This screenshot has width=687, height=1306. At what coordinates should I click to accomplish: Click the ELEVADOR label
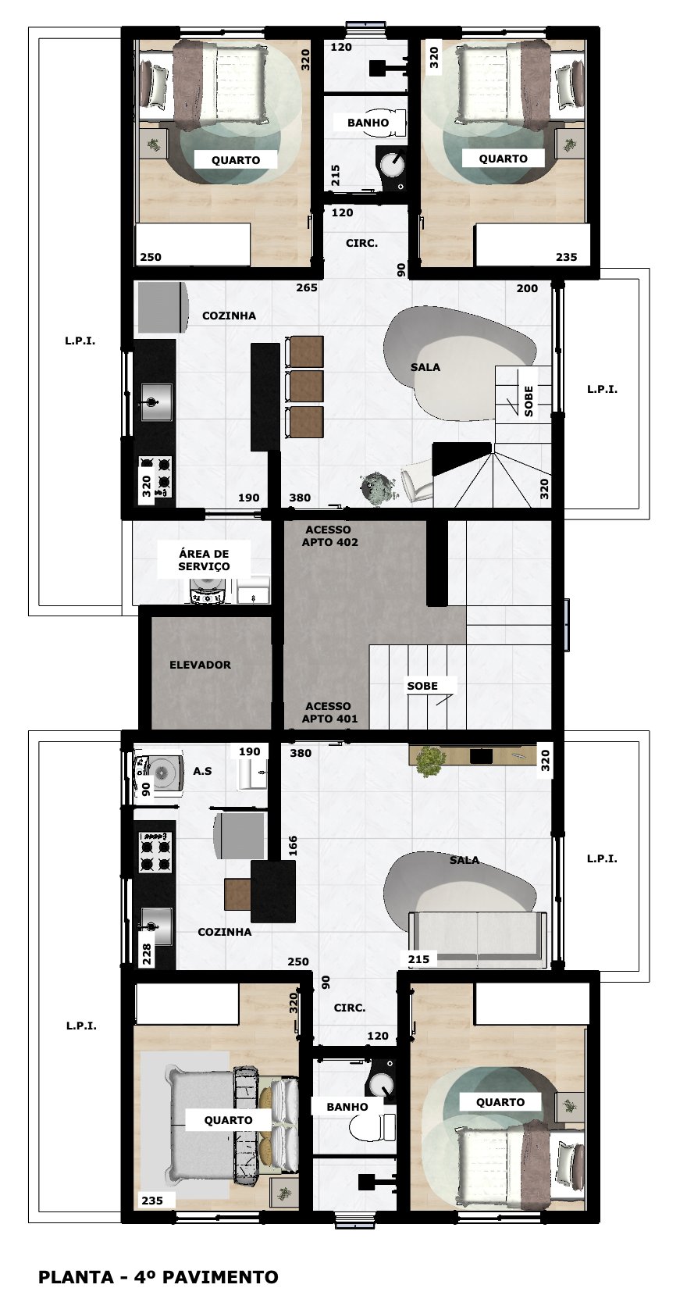click(200, 665)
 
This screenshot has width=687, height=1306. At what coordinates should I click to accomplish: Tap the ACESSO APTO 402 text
click(329, 536)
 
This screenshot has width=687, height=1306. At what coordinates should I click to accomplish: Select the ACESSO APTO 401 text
click(329, 712)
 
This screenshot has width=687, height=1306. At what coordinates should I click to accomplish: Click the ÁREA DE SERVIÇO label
click(204, 560)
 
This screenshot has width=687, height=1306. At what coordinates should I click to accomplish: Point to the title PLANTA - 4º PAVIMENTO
click(158, 1277)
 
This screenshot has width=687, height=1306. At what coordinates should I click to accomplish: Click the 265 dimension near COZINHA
click(307, 287)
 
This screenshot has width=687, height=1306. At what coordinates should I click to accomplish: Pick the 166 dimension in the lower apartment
click(293, 845)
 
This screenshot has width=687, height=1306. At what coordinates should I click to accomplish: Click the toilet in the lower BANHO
click(371, 1128)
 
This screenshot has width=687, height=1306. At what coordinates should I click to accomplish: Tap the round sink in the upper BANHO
click(391, 163)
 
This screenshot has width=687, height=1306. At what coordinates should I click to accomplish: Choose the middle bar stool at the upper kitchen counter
click(304, 386)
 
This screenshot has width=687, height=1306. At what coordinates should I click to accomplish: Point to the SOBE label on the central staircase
click(422, 686)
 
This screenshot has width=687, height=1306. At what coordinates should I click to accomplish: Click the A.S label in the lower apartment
click(202, 771)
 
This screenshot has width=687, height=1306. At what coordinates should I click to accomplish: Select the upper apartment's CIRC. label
click(361, 243)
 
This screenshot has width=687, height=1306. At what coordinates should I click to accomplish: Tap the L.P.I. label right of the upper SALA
click(602, 389)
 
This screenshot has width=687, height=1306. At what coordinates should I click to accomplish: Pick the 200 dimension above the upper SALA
click(527, 288)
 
